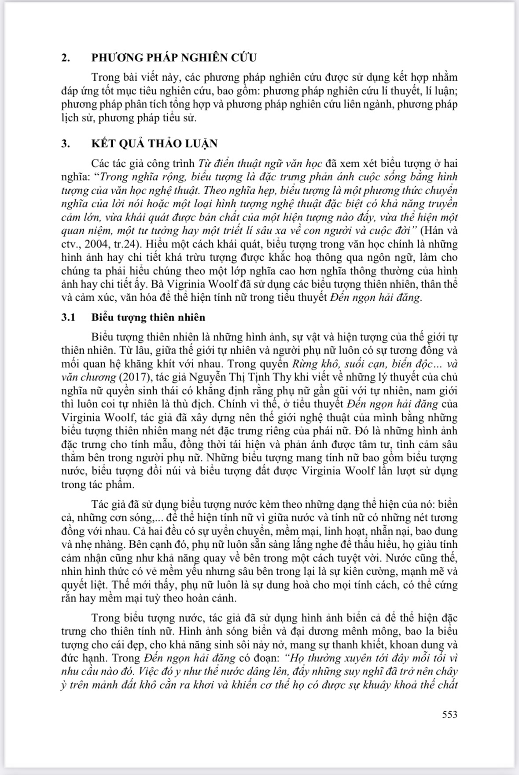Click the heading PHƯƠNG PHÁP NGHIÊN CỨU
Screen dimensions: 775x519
click(x=174, y=58)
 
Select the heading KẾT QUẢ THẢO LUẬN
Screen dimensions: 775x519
click(x=155, y=144)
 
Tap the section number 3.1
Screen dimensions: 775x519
click(x=69, y=317)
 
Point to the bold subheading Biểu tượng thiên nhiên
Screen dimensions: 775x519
click(x=148, y=317)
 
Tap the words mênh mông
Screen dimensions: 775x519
click(x=350, y=631)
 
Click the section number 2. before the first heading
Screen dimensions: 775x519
click(x=66, y=58)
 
